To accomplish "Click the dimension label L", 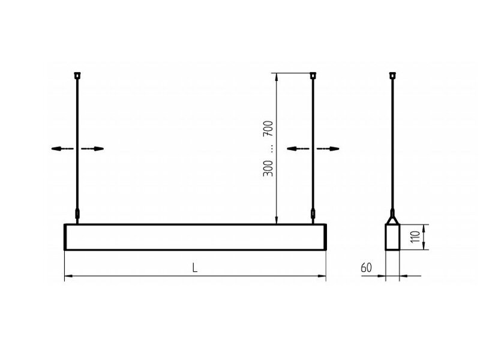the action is (x=194, y=268).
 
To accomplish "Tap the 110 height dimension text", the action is (x=415, y=236).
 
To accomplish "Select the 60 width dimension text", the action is (x=366, y=268).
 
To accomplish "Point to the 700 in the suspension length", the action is (x=268, y=128).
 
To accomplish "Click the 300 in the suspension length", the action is (x=268, y=168).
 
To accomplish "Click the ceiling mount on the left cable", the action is (x=78, y=75).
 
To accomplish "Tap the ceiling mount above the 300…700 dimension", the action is (x=313, y=75).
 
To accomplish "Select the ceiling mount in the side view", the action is (x=392, y=75).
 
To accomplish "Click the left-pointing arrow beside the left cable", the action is (x=63, y=149).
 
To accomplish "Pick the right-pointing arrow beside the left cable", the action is (x=92, y=149).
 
